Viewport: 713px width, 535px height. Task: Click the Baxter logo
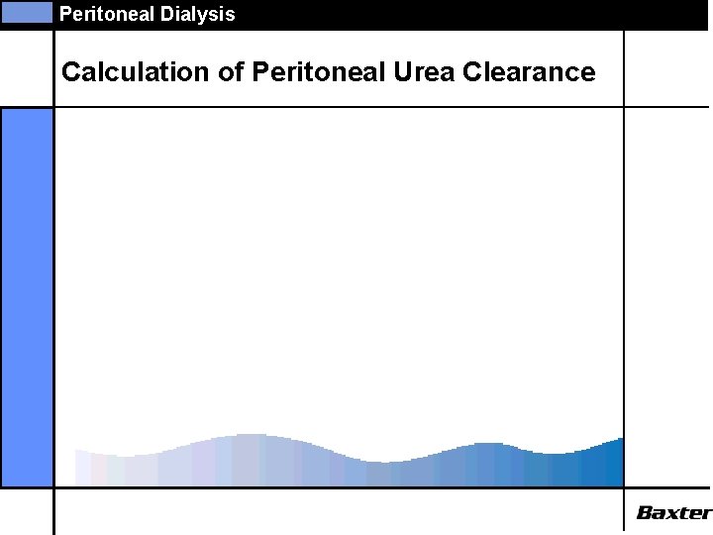pyautogui.click(x=673, y=512)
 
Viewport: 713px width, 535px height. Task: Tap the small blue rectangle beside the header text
pyautogui.click(x=26, y=13)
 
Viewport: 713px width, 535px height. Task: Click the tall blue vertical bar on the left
pyautogui.click(x=27, y=296)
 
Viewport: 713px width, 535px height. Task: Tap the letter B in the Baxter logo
pyautogui.click(x=645, y=512)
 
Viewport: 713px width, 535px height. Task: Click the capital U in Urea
pyautogui.click(x=388, y=72)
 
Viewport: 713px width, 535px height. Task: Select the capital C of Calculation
pyautogui.click(x=70, y=72)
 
